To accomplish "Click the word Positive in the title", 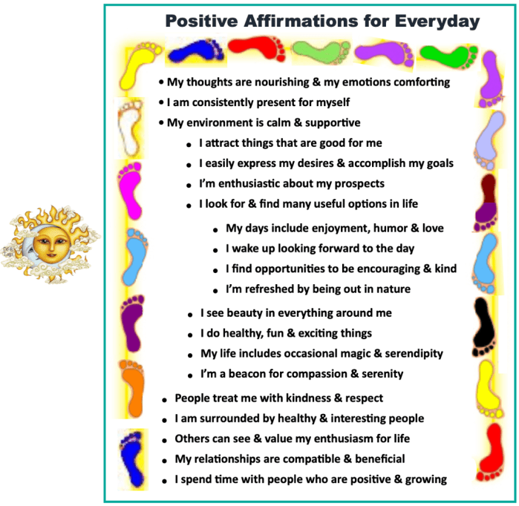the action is point(201,22).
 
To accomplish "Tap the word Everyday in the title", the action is point(437,22).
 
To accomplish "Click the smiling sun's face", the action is point(52,244).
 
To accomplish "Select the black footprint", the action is point(484,326).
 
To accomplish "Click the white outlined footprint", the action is point(131,128).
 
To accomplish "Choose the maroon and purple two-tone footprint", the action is point(486,203).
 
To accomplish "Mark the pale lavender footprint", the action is point(489,139).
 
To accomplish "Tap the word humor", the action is point(391,229).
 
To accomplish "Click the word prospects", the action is point(359,184).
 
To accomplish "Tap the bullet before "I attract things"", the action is point(189,145).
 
